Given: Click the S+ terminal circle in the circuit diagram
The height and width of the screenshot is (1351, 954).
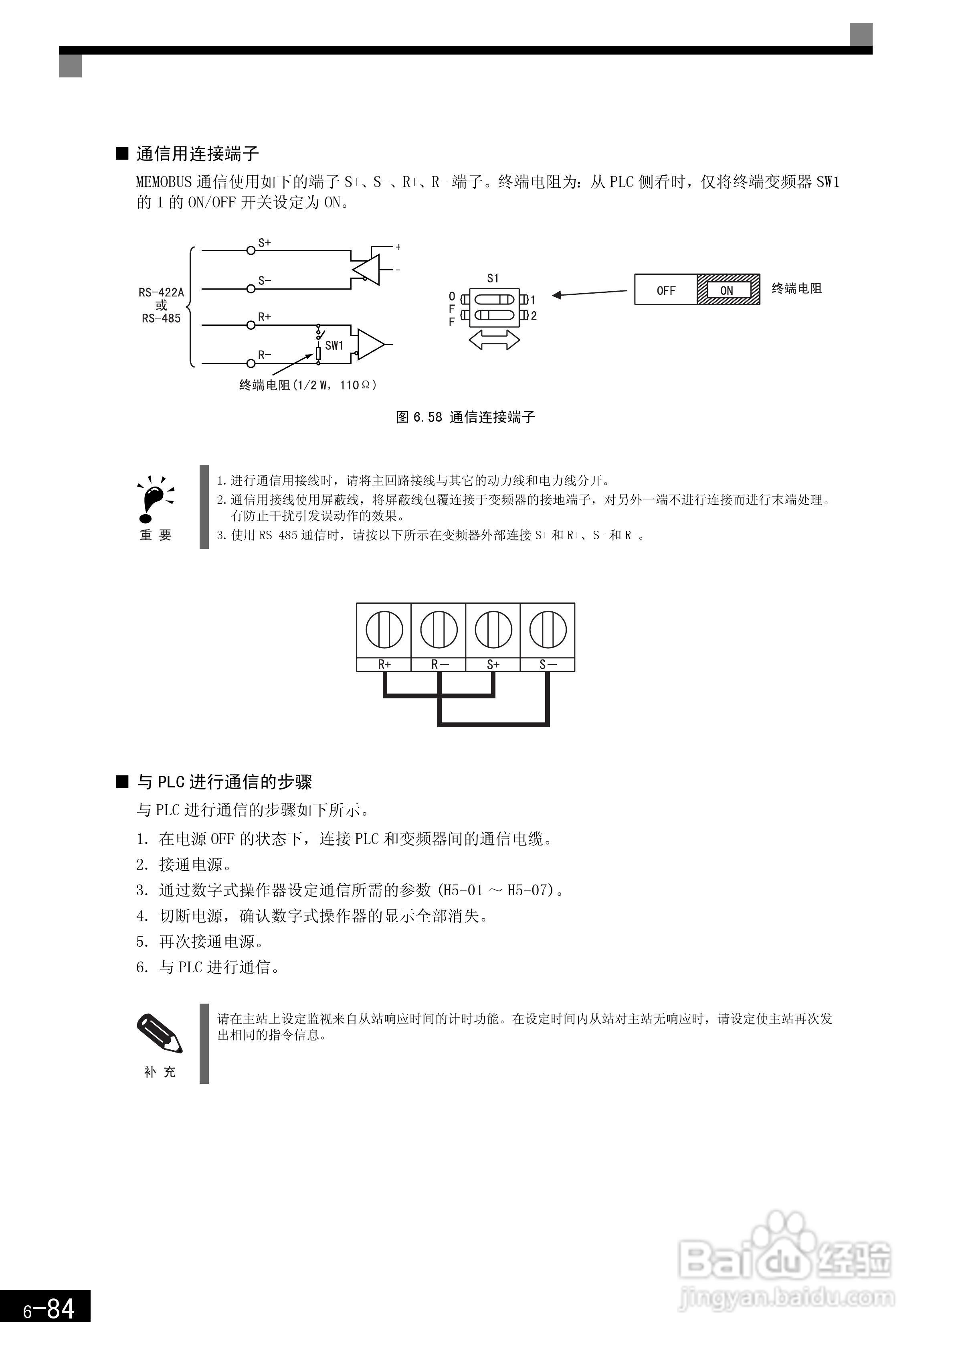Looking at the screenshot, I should pyautogui.click(x=251, y=250).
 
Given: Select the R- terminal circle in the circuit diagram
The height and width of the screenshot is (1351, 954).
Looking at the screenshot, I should pyautogui.click(x=251, y=363).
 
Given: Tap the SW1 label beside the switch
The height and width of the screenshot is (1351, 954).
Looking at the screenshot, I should pyautogui.click(x=334, y=345).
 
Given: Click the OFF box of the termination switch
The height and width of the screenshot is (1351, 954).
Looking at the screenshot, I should pyautogui.click(x=666, y=290).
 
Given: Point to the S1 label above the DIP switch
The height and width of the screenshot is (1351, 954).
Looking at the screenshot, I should pyautogui.click(x=493, y=278).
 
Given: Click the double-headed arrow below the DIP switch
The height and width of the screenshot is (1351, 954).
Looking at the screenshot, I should pyautogui.click(x=494, y=339).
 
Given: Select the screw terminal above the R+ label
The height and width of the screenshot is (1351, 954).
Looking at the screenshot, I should pyautogui.click(x=384, y=629).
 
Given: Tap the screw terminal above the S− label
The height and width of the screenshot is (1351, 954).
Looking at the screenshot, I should pyautogui.click(x=548, y=629).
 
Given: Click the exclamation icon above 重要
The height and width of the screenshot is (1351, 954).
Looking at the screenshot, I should pyautogui.click(x=154, y=499).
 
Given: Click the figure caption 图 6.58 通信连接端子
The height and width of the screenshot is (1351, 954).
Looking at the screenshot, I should pyautogui.click(x=465, y=417).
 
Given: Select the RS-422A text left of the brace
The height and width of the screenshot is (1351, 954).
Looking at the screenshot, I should pyautogui.click(x=161, y=292).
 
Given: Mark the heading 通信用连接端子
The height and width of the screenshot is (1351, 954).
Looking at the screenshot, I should pyautogui.click(x=198, y=154).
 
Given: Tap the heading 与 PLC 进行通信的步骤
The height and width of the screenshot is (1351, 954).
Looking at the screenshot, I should pyautogui.click(x=224, y=782).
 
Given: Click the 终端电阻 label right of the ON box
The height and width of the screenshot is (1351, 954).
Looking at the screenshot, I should pyautogui.click(x=796, y=288).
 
